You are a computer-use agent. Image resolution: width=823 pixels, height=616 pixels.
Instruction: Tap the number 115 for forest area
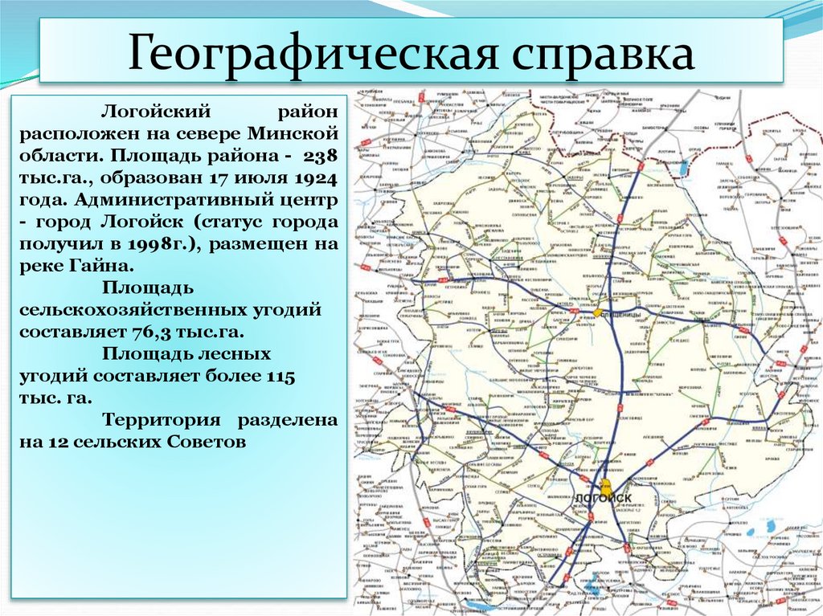[279, 376]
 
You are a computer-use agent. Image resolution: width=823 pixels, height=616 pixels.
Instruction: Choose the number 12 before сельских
[61, 442]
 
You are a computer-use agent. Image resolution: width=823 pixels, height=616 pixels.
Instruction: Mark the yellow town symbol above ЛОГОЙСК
[604, 485]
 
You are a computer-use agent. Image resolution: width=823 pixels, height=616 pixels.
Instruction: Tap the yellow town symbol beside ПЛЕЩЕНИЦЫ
[599, 312]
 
